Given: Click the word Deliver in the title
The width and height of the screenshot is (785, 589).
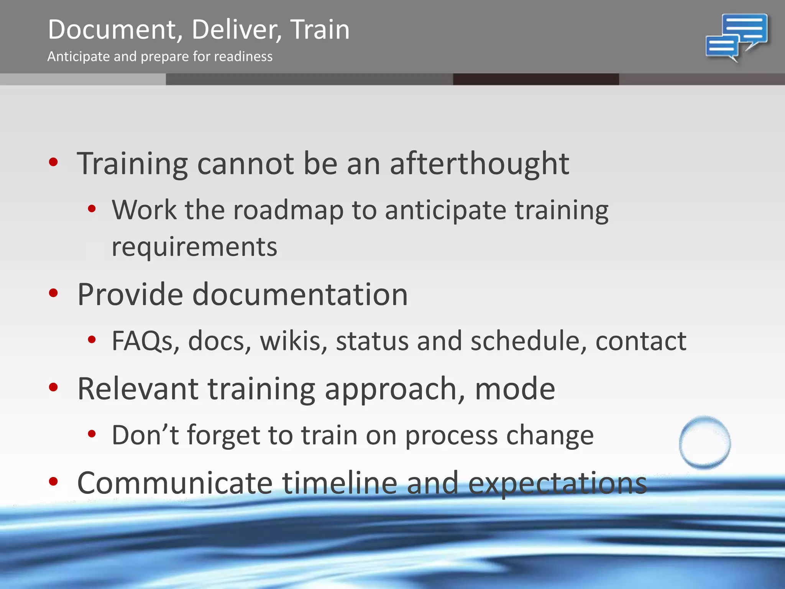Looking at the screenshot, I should click(x=236, y=30).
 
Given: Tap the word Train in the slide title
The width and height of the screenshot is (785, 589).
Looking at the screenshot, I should click(x=320, y=30).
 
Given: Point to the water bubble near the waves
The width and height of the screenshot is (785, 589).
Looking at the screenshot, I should click(x=705, y=443).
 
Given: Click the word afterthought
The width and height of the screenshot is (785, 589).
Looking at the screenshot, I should click(x=479, y=164).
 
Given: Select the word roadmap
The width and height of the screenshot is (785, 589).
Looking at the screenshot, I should click(x=288, y=211).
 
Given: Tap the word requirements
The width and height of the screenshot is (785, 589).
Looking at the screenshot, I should click(x=194, y=247).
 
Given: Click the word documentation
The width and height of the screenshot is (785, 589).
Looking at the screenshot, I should click(x=300, y=294).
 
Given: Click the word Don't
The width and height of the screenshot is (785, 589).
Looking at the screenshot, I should click(x=145, y=435).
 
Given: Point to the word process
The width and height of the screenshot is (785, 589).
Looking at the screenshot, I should click(x=451, y=436).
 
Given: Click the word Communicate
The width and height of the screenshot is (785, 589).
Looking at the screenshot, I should click(x=175, y=483).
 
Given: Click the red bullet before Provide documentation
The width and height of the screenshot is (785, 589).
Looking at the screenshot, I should click(x=53, y=293).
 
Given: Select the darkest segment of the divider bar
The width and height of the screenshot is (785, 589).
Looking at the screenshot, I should click(x=536, y=79).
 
